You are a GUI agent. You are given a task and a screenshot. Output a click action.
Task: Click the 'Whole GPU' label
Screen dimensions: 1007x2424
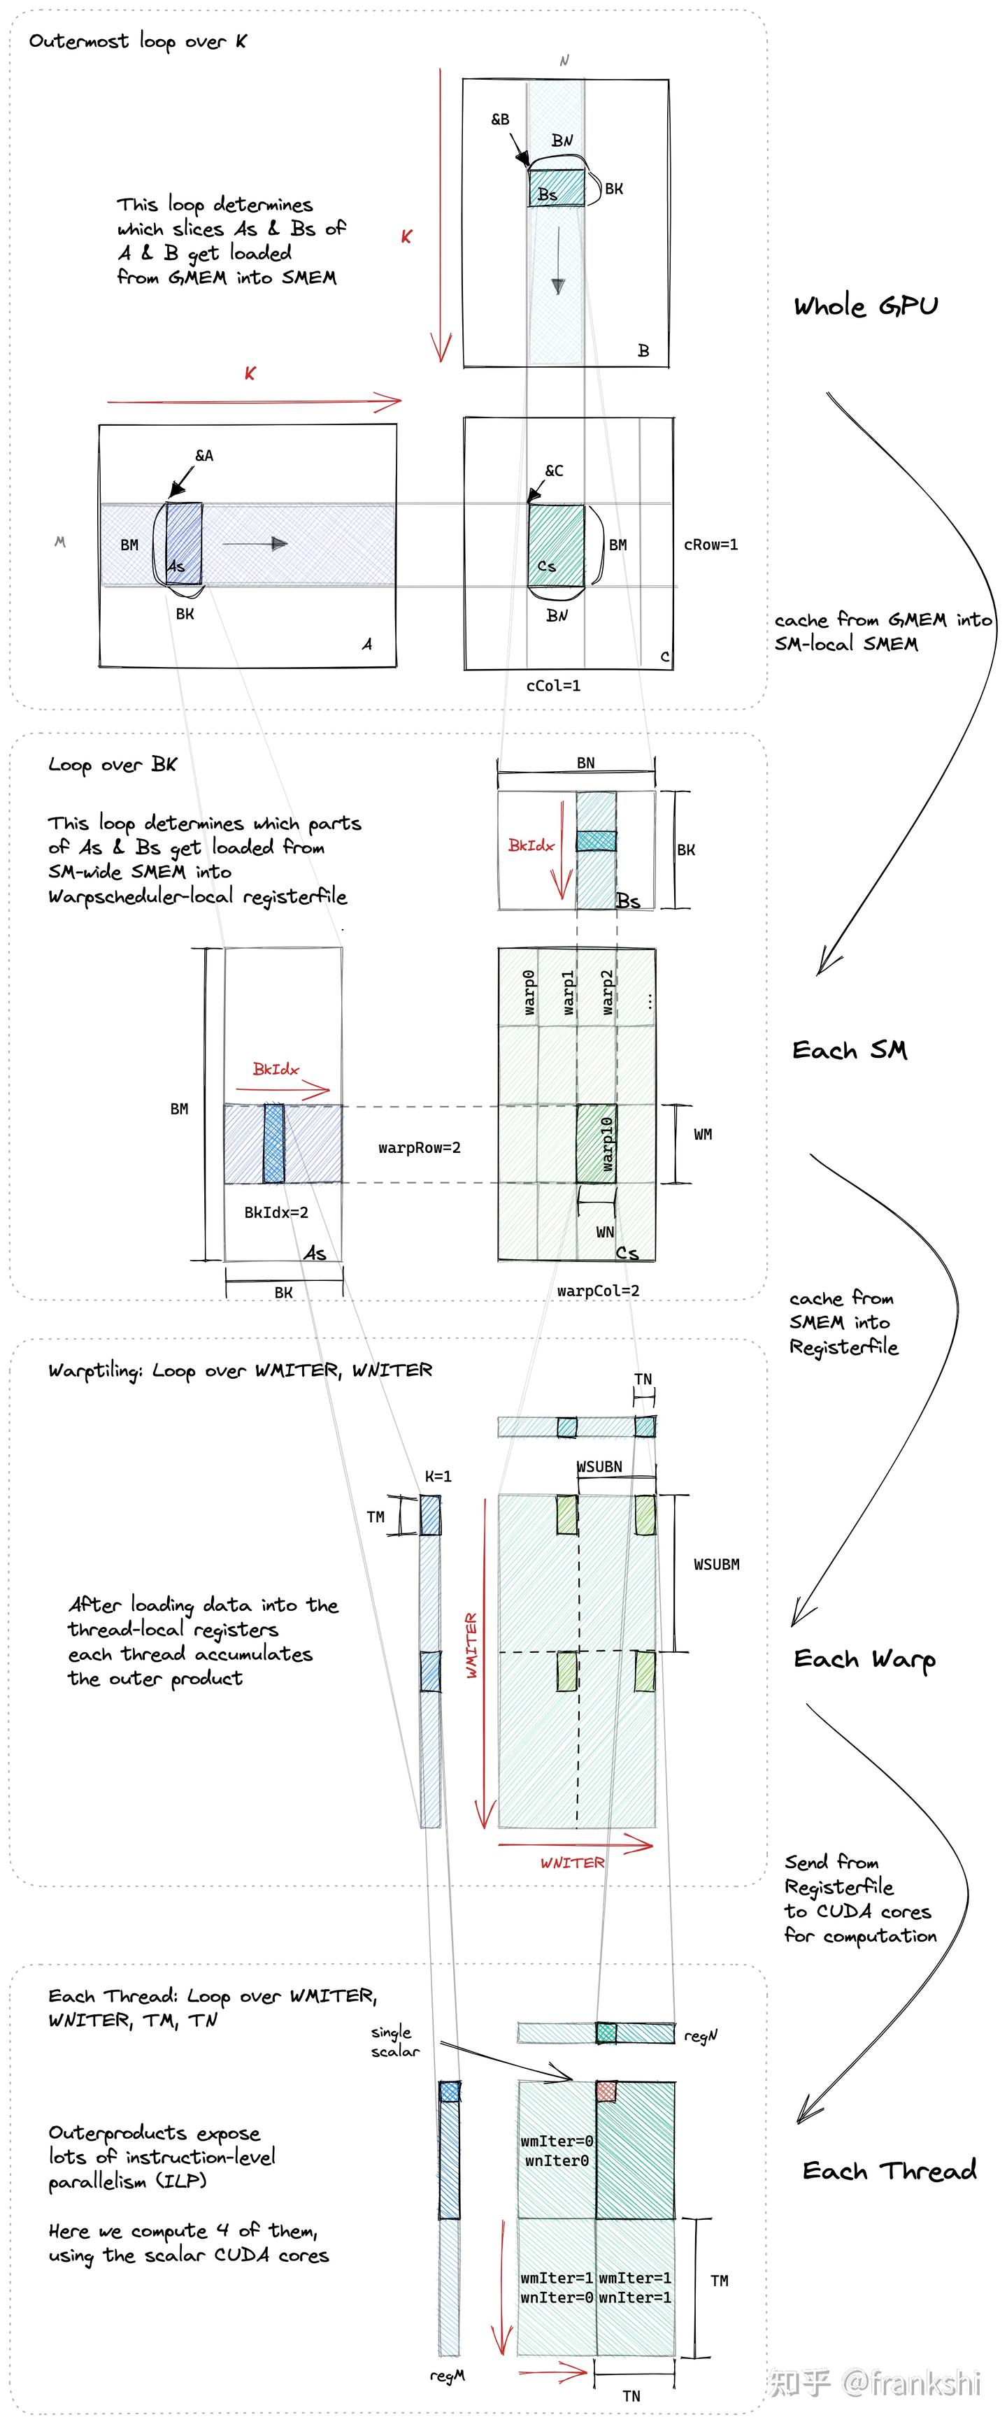(x=865, y=306)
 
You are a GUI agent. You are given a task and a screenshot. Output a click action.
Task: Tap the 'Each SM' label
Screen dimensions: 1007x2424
(x=849, y=1049)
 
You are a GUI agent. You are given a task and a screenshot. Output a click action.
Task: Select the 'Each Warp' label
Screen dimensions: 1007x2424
(x=864, y=1659)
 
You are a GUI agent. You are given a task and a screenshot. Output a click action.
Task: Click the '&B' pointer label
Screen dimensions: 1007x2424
(x=500, y=120)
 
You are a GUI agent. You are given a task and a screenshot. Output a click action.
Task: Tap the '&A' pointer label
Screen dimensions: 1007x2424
(x=203, y=455)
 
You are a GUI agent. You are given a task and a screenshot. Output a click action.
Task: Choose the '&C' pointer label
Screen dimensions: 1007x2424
(x=555, y=471)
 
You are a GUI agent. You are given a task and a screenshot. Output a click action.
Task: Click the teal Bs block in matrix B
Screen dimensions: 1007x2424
(x=556, y=187)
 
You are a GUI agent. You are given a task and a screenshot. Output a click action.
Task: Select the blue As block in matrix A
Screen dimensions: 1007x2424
(x=185, y=544)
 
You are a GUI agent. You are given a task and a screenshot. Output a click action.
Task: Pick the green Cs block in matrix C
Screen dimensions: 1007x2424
(x=556, y=545)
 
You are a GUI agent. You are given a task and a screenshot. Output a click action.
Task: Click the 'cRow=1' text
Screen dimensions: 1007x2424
(x=710, y=544)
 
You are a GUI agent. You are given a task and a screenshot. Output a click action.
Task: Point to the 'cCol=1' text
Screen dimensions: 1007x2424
(x=553, y=685)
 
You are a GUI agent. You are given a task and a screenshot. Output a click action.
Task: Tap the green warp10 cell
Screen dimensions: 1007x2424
(x=597, y=1143)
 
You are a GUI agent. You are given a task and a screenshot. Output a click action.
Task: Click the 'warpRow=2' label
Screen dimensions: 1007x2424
(x=420, y=1147)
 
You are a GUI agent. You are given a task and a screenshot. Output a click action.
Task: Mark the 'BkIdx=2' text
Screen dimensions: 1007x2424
(x=276, y=1212)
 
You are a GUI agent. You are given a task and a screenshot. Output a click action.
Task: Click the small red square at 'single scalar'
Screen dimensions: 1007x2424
(x=606, y=2091)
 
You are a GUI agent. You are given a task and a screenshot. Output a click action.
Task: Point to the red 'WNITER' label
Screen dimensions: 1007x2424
(x=572, y=1863)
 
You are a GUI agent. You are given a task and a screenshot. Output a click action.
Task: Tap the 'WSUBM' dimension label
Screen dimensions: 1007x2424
(x=716, y=1564)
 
